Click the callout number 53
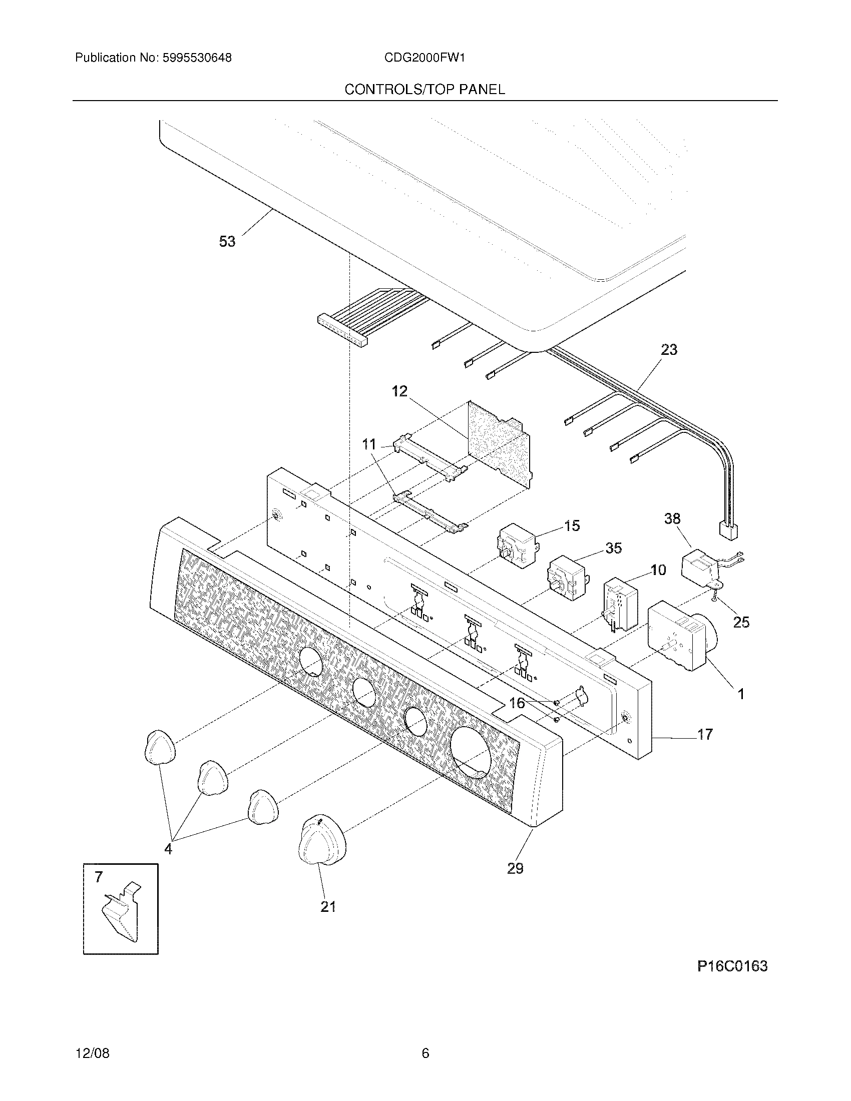pos(227,242)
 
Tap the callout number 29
pos(515,868)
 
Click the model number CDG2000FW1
pos(424,58)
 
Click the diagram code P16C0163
pos(732,966)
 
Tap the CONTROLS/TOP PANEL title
pos(424,90)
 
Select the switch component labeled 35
pos(567,578)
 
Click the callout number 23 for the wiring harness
pos(668,349)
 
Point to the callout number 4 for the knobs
pos(168,849)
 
